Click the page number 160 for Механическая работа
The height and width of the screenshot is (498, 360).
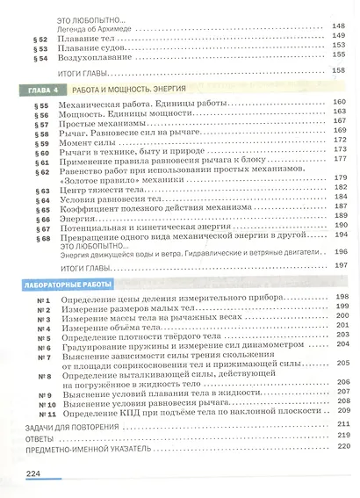tap(341, 103)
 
